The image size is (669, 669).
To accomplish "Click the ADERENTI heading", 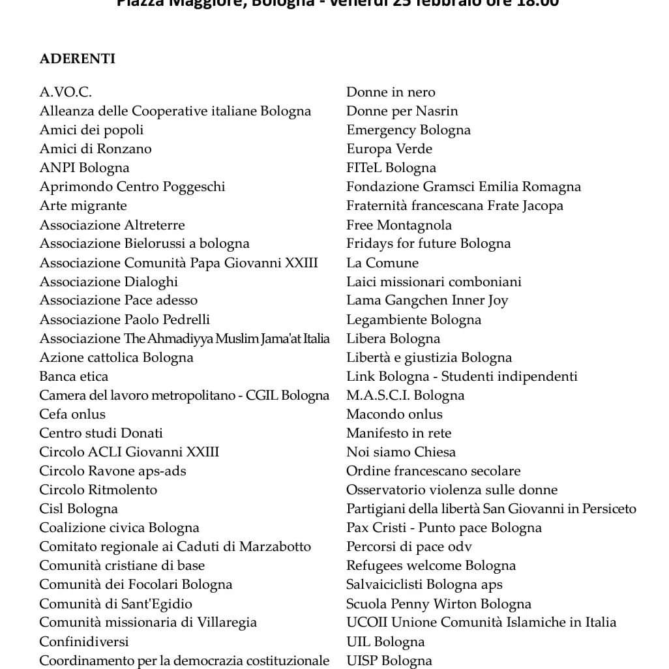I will coord(77,59).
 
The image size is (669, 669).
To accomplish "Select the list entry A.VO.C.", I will coord(65,92).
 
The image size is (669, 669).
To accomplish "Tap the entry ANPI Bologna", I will coord(84,168).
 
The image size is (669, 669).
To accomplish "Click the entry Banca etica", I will coord(74,376).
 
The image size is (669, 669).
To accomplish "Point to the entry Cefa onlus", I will coord(72,414).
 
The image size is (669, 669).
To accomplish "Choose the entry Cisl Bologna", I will coord(78,509).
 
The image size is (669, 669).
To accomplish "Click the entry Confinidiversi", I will coord(84,642).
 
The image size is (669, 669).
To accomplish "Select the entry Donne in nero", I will coord(391,92).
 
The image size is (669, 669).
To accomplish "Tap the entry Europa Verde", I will coord(389,149).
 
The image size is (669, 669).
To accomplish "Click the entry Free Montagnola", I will coord(398,225).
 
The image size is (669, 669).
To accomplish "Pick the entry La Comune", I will coord(382,263).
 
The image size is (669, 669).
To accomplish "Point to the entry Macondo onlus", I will coord(394,414).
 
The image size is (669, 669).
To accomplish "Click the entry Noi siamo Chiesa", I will coord(400,452).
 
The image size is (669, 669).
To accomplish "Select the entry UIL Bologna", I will coord(385,642).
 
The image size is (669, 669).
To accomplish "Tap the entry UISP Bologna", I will coord(389,661).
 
